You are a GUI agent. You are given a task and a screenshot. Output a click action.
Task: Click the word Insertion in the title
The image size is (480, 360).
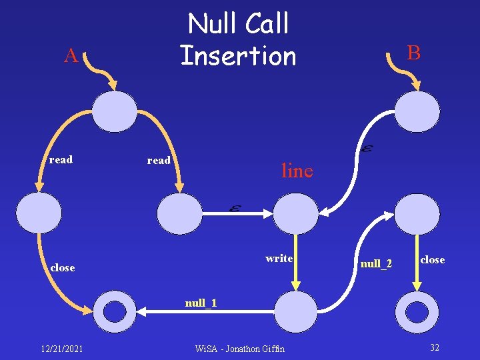(238, 55)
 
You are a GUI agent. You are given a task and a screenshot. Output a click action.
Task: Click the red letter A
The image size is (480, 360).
(71, 57)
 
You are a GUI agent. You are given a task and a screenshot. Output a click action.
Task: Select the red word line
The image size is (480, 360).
(297, 171)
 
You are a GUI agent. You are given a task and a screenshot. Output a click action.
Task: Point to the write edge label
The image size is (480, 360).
(279, 259)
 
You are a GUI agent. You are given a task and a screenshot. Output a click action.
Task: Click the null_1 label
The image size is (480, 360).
(201, 304)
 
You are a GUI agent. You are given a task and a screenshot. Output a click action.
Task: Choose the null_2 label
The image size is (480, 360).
(376, 265)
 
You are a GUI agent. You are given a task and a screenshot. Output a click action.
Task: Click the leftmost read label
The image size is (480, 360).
(61, 160)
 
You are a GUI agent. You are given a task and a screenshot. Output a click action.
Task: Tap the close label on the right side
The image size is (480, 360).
(432, 260)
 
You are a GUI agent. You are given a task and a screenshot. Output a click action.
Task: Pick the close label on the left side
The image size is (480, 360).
(63, 267)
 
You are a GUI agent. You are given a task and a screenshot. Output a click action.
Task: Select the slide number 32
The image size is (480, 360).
(435, 347)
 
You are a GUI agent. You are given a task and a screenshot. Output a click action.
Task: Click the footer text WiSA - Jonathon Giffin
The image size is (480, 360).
(239, 348)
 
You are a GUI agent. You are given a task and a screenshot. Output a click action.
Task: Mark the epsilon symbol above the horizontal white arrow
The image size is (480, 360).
(235, 209)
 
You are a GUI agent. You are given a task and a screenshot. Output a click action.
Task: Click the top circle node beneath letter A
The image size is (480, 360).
(115, 111)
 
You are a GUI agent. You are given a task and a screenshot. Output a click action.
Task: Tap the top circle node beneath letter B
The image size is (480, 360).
(417, 111)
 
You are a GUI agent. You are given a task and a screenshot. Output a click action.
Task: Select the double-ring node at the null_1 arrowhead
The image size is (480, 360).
(115, 311)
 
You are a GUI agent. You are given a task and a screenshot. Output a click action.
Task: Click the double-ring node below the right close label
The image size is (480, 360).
(417, 311)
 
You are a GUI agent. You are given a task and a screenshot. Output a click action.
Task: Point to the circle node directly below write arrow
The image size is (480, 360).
(297, 311)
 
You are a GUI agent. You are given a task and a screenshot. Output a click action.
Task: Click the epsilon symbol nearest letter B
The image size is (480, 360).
(365, 150)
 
